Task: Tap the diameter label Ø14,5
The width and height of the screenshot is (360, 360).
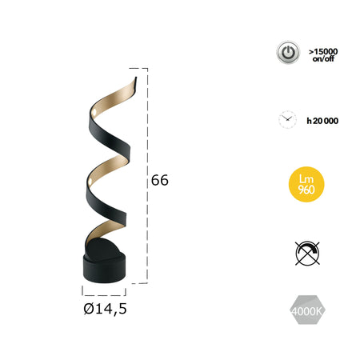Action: point(104,306)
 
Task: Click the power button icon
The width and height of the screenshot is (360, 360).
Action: point(287,53)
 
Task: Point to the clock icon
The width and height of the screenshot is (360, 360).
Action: point(286,120)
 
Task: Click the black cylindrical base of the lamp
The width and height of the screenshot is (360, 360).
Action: point(103,267)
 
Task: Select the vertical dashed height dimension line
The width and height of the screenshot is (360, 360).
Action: point(147,176)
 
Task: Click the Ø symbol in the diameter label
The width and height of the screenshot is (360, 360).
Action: point(86,306)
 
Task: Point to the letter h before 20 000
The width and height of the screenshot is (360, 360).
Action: point(309,120)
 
